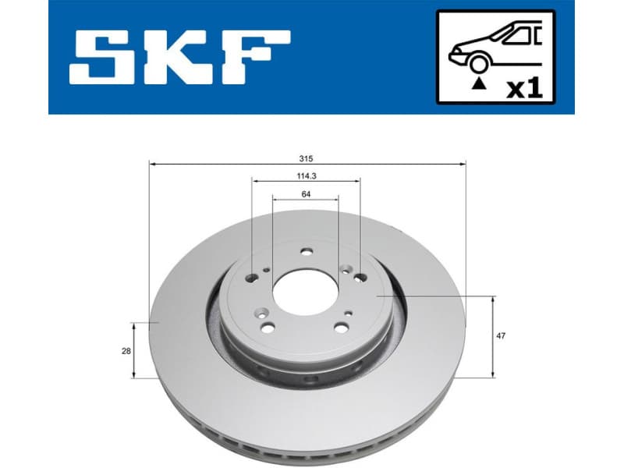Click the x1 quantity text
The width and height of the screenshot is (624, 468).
tap(524, 88)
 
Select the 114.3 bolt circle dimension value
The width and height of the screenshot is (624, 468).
tap(306, 175)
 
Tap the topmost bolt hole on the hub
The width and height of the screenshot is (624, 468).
tap(306, 251)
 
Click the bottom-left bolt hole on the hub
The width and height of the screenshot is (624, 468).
tap(268, 328)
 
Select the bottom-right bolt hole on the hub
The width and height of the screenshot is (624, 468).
tap(341, 328)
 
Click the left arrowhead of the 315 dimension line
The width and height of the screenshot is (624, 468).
tap(152, 164)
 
